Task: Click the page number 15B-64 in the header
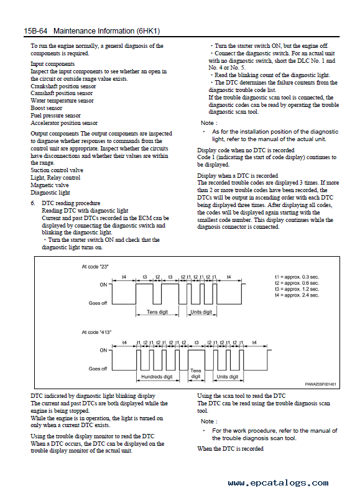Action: click(x=35, y=31)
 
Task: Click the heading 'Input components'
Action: click(x=52, y=64)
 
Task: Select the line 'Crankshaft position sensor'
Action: click(x=63, y=86)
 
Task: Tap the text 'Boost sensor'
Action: click(x=46, y=108)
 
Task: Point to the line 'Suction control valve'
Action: click(x=57, y=170)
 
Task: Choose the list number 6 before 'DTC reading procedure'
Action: click(x=33, y=203)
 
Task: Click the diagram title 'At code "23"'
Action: click(x=95, y=267)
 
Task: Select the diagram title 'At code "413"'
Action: click(x=96, y=332)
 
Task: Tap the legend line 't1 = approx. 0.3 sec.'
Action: click(x=297, y=277)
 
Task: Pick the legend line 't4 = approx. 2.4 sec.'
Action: click(x=297, y=295)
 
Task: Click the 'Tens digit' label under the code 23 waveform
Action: click(x=157, y=312)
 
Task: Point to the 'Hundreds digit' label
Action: click(x=157, y=377)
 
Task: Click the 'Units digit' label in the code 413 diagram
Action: click(x=228, y=377)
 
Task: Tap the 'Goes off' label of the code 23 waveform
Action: click(x=98, y=303)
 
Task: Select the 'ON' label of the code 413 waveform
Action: click(x=103, y=350)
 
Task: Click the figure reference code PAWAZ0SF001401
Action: click(x=320, y=384)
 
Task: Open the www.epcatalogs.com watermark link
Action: click(x=279, y=482)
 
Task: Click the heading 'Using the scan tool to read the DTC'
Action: click(x=241, y=396)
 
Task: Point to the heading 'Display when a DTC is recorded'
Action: click(x=238, y=176)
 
